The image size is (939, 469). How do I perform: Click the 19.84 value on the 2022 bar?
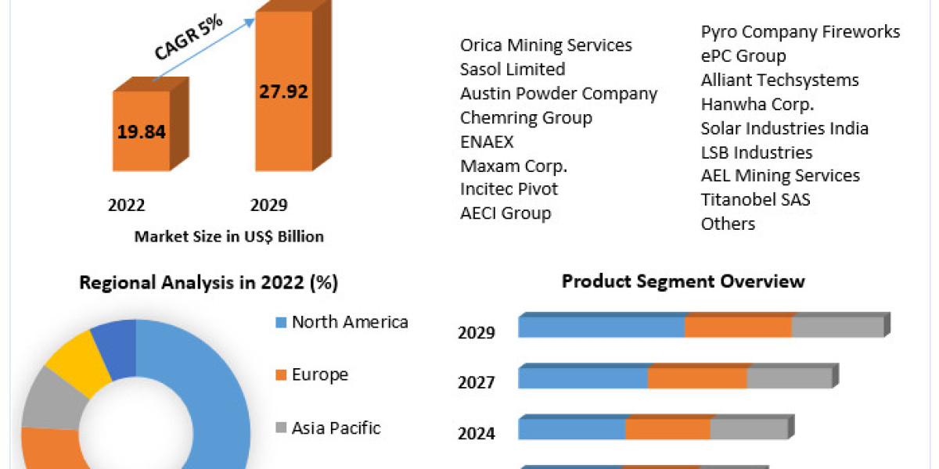(142, 131)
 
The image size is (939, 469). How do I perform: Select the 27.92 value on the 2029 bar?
(284, 91)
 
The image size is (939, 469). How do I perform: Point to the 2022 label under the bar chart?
(127, 206)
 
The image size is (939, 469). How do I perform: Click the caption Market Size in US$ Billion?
(229, 237)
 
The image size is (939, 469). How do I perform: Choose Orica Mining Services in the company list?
(545, 45)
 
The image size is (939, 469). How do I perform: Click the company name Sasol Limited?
(513, 70)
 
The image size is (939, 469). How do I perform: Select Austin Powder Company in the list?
(559, 94)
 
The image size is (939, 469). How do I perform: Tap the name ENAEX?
(487, 141)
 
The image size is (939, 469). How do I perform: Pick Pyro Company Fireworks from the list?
(800, 32)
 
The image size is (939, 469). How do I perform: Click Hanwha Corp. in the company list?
(757, 104)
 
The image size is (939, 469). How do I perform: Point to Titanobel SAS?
(755, 200)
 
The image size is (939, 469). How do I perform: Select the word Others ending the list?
(728, 224)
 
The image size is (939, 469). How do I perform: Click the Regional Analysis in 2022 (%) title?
(209, 283)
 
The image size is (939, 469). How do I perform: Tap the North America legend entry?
(349, 322)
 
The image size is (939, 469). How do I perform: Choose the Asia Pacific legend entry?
(335, 428)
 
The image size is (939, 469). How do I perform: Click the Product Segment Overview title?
(683, 281)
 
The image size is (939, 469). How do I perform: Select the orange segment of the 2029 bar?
(738, 328)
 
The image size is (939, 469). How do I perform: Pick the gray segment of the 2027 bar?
(788, 378)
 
